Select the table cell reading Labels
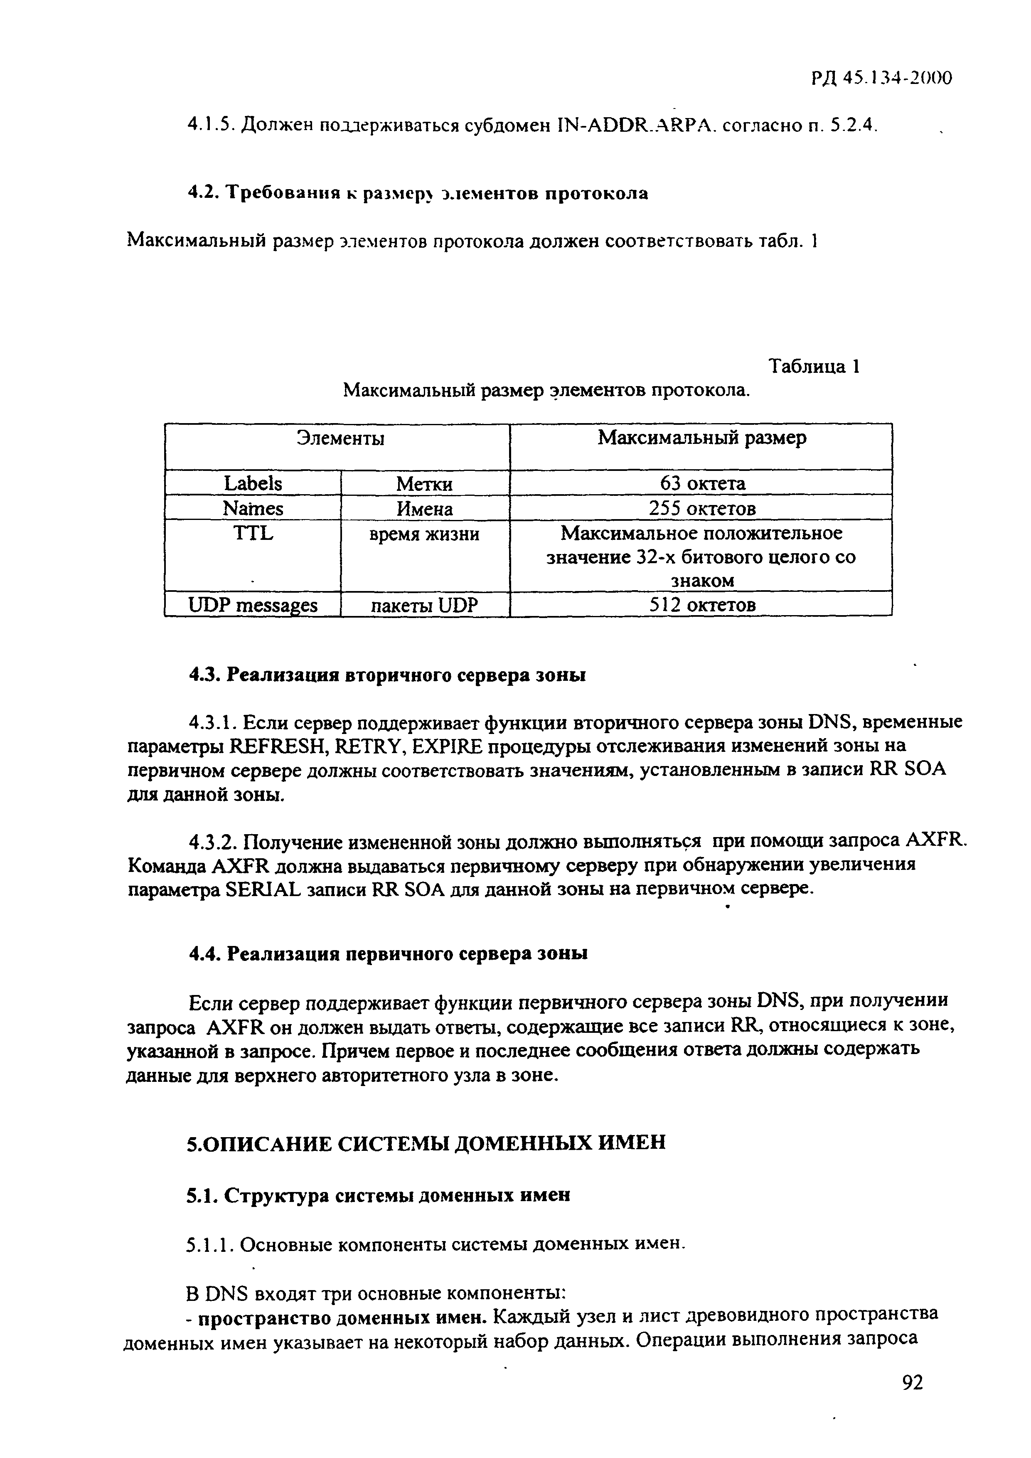click(253, 483)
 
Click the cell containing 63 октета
click(702, 483)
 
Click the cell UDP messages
click(253, 605)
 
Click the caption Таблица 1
click(814, 367)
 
